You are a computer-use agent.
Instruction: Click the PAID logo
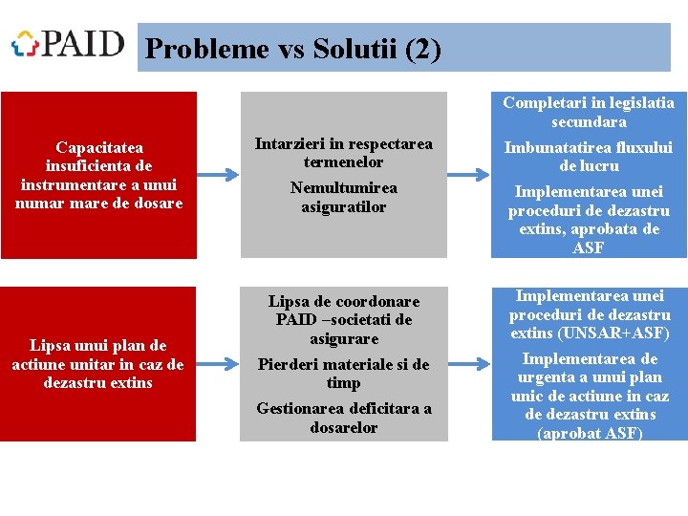[68, 44]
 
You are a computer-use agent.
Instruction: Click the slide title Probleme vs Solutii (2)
[293, 49]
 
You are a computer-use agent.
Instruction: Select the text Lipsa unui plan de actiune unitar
[98, 364]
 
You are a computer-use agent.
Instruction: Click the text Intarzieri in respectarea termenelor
[343, 153]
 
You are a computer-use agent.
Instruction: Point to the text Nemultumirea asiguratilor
[343, 197]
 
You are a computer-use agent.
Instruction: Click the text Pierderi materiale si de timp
[343, 374]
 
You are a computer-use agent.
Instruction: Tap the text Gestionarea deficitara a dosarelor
[343, 418]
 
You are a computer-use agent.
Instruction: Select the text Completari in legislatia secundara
[589, 112]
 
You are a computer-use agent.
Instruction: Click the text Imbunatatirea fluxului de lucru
[589, 157]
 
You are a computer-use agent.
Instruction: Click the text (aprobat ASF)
[589, 433]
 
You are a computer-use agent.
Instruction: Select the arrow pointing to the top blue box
[468, 175]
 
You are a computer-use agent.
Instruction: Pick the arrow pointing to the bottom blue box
[468, 364]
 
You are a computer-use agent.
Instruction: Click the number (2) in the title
[423, 49]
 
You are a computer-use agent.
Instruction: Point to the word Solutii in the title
[353, 49]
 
